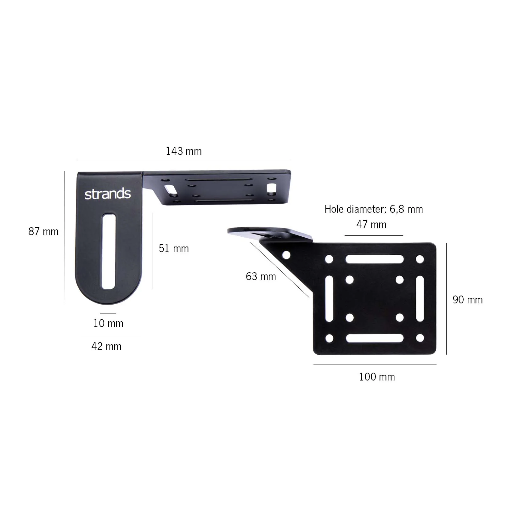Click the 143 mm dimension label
[x=183, y=151]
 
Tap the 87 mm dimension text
[x=43, y=232]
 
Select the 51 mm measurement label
[x=174, y=249]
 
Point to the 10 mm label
[x=108, y=324]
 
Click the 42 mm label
[x=106, y=347]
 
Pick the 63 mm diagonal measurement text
[x=261, y=277]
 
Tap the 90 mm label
[x=467, y=300]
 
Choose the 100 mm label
[x=377, y=377]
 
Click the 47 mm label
[x=371, y=225]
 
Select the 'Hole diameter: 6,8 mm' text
[x=374, y=209]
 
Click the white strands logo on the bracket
[x=108, y=194]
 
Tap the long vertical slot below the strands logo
[x=108, y=251]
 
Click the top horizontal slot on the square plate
[x=375, y=259]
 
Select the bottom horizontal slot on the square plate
[x=375, y=338]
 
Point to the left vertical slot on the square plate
[x=329, y=299]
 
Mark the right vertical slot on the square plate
[x=420, y=299]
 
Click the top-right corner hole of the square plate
[x=420, y=259]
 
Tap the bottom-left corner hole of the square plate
[x=329, y=339]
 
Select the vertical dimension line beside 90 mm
[x=446, y=299]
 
